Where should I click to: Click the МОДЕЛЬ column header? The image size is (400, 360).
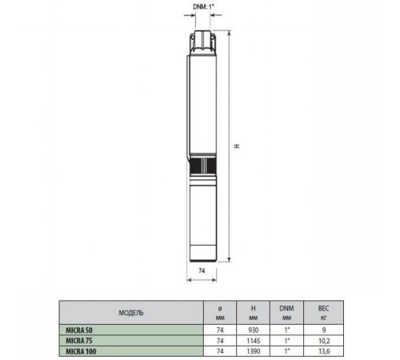coord(130,312)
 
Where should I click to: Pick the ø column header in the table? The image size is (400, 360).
coord(220,308)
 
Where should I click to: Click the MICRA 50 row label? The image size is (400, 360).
coord(78,328)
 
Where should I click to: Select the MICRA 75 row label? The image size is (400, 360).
coord(78,339)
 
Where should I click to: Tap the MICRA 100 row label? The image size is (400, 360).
coord(80,350)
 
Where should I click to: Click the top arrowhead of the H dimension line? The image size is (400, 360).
coord(230,34)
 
